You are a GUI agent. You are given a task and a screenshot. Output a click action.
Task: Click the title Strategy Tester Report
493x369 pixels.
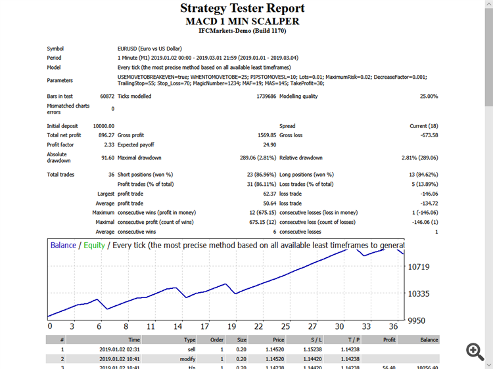click(x=243, y=9)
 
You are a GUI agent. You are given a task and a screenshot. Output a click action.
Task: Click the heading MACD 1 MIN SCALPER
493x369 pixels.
click(x=243, y=21)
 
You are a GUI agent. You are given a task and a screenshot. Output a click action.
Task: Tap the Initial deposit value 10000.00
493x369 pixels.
click(x=103, y=126)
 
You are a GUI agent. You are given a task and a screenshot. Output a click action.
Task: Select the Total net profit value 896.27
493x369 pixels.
click(x=105, y=135)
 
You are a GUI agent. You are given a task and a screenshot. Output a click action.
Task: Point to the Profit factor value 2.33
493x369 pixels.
click(x=108, y=144)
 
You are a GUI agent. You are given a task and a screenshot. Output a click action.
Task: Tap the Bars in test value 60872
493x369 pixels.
click(x=107, y=97)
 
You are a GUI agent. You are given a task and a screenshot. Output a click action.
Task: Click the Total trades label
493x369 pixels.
click(x=60, y=175)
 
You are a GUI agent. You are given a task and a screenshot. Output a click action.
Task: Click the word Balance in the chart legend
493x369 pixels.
click(x=63, y=246)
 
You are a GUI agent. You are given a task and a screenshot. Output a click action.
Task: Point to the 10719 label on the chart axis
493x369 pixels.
click(x=419, y=267)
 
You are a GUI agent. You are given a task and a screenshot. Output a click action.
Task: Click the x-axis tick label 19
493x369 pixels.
click(x=231, y=326)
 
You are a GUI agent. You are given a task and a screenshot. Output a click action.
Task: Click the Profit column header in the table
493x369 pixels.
click(x=388, y=340)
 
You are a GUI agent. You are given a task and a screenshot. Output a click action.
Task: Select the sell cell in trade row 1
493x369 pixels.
click(x=190, y=349)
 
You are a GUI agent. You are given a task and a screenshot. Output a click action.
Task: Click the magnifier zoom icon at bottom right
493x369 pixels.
click(x=475, y=351)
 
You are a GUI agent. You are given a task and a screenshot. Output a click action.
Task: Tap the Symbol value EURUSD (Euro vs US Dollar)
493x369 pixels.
click(x=149, y=49)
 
